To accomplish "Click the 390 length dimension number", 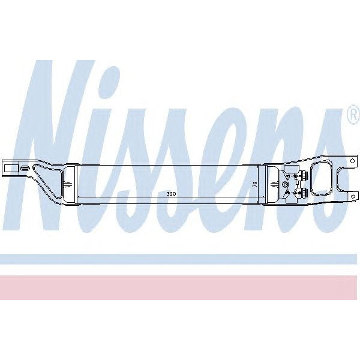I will coord(172,195).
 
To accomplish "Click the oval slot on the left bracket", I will coord(25,170).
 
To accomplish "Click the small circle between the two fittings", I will coord(286,184).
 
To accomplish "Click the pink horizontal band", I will coord(180,287).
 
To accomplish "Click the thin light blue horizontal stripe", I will coord(180,259).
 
